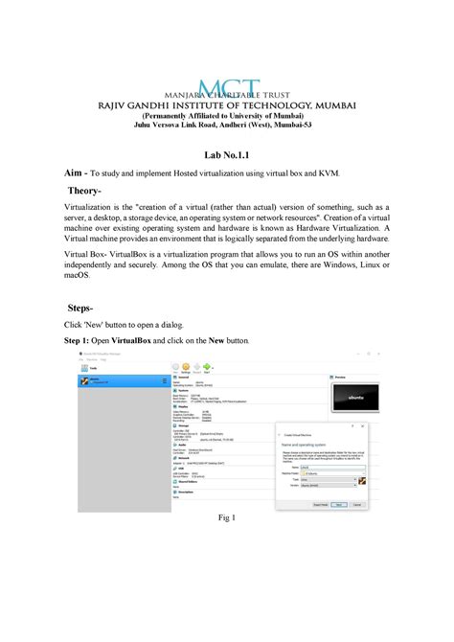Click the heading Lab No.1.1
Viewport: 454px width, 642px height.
coord(227,153)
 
